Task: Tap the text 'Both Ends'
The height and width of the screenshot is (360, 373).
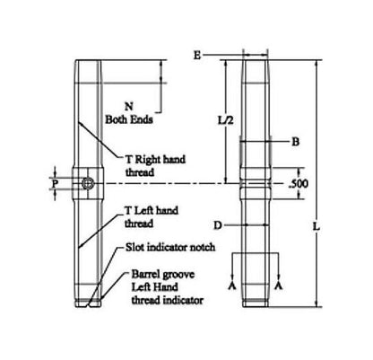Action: coord(131,118)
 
